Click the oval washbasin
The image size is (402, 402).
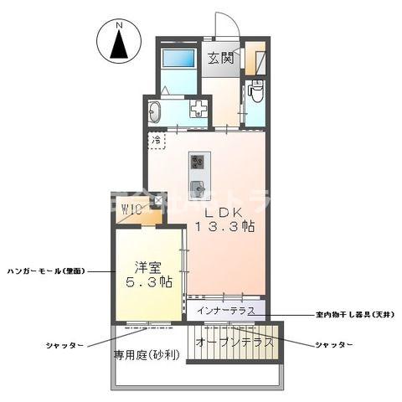[155, 111]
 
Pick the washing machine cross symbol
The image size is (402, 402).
[199, 110]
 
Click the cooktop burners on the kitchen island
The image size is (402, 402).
[198, 160]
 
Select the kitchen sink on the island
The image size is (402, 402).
[198, 186]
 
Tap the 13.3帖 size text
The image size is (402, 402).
[225, 228]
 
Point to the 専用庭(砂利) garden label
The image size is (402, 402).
[147, 354]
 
